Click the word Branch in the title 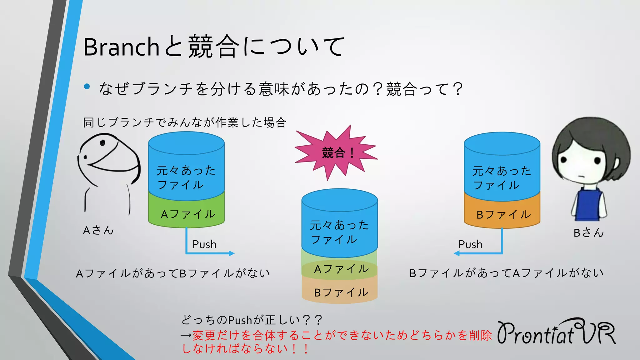pos(121,47)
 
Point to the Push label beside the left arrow pos(204,244)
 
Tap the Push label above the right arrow pos(470,244)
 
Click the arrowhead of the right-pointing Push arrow pos(232,253)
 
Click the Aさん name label pos(98,230)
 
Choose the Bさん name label pos(588,232)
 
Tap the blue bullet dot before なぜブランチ pos(87,87)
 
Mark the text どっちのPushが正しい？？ pos(251,320)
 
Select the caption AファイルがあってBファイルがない pos(173,273)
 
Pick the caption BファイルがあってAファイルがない pos(506,273)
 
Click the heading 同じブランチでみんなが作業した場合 pos(184,122)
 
